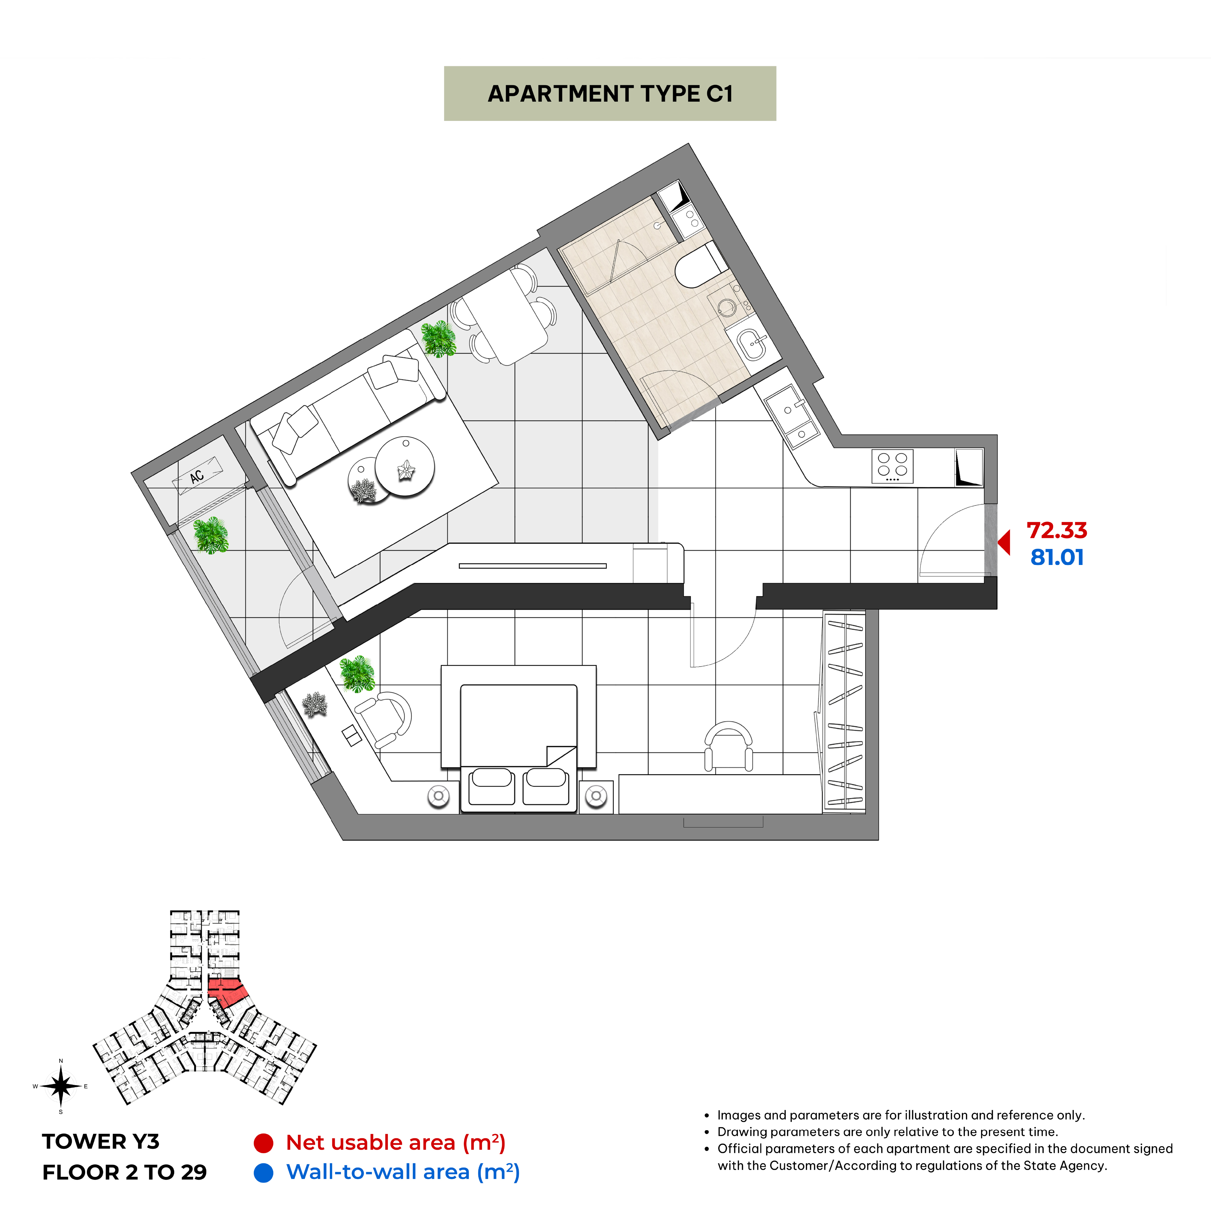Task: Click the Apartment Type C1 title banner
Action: coord(610,93)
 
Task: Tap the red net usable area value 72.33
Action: coord(1057,530)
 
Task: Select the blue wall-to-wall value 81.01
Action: coord(1057,557)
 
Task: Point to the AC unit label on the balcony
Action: coord(197,476)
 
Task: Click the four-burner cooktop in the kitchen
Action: coord(892,466)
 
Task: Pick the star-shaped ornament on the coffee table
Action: coord(406,469)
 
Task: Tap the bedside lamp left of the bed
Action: coord(439,796)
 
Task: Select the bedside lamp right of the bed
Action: coord(596,796)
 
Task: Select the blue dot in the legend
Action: coord(263,1173)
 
